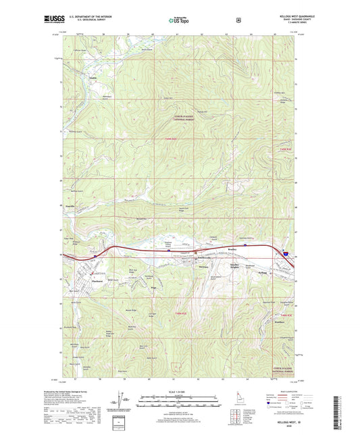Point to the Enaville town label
[70, 201]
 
